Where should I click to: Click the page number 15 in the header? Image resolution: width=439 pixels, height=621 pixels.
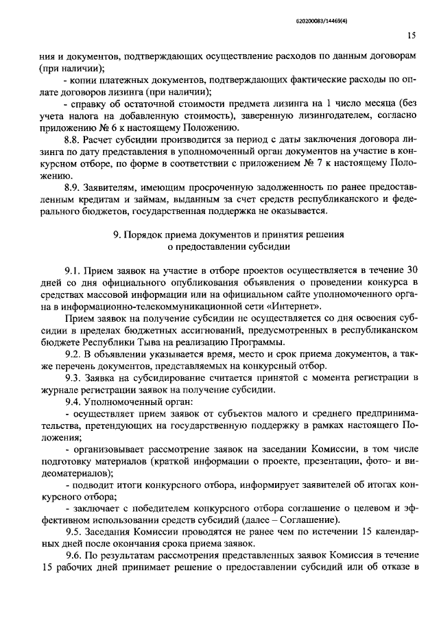pos(411,36)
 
